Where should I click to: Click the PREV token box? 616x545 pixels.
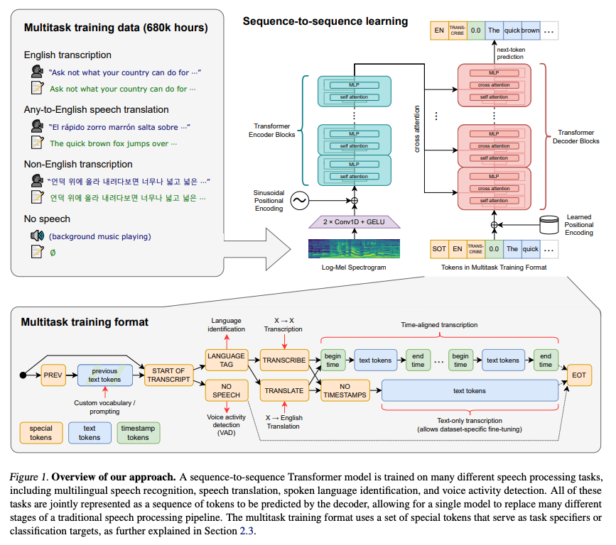(x=53, y=374)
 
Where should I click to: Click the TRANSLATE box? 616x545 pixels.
(x=283, y=390)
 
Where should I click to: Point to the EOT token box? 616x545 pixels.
(x=578, y=375)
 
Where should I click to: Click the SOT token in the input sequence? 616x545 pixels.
(x=441, y=249)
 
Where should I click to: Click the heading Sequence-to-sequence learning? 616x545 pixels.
(x=325, y=21)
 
